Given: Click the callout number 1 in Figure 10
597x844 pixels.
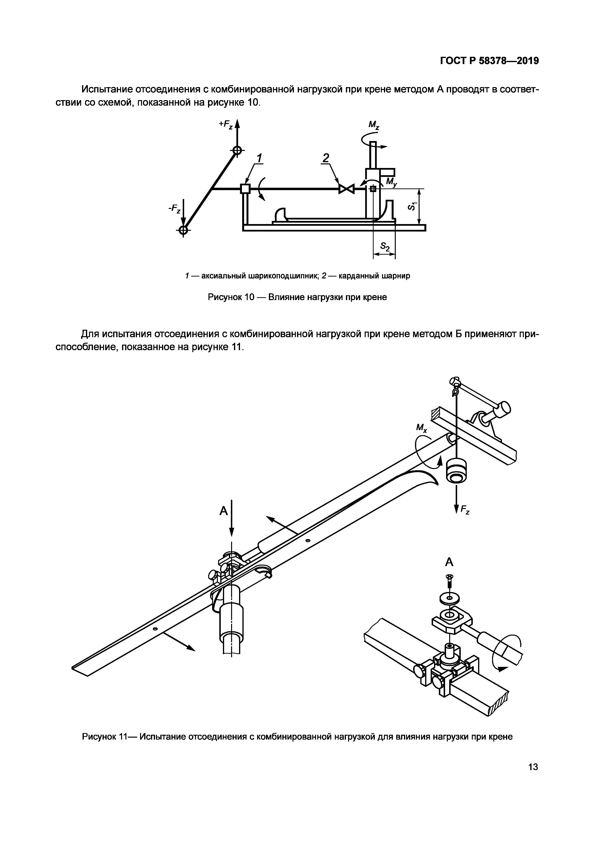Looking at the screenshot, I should (260, 158).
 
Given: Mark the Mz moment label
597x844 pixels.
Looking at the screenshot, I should (374, 125).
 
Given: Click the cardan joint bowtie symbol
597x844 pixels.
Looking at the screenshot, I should (346, 189).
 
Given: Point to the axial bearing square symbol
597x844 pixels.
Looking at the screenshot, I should (245, 189).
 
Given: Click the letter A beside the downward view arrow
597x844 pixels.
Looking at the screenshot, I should (223, 511).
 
